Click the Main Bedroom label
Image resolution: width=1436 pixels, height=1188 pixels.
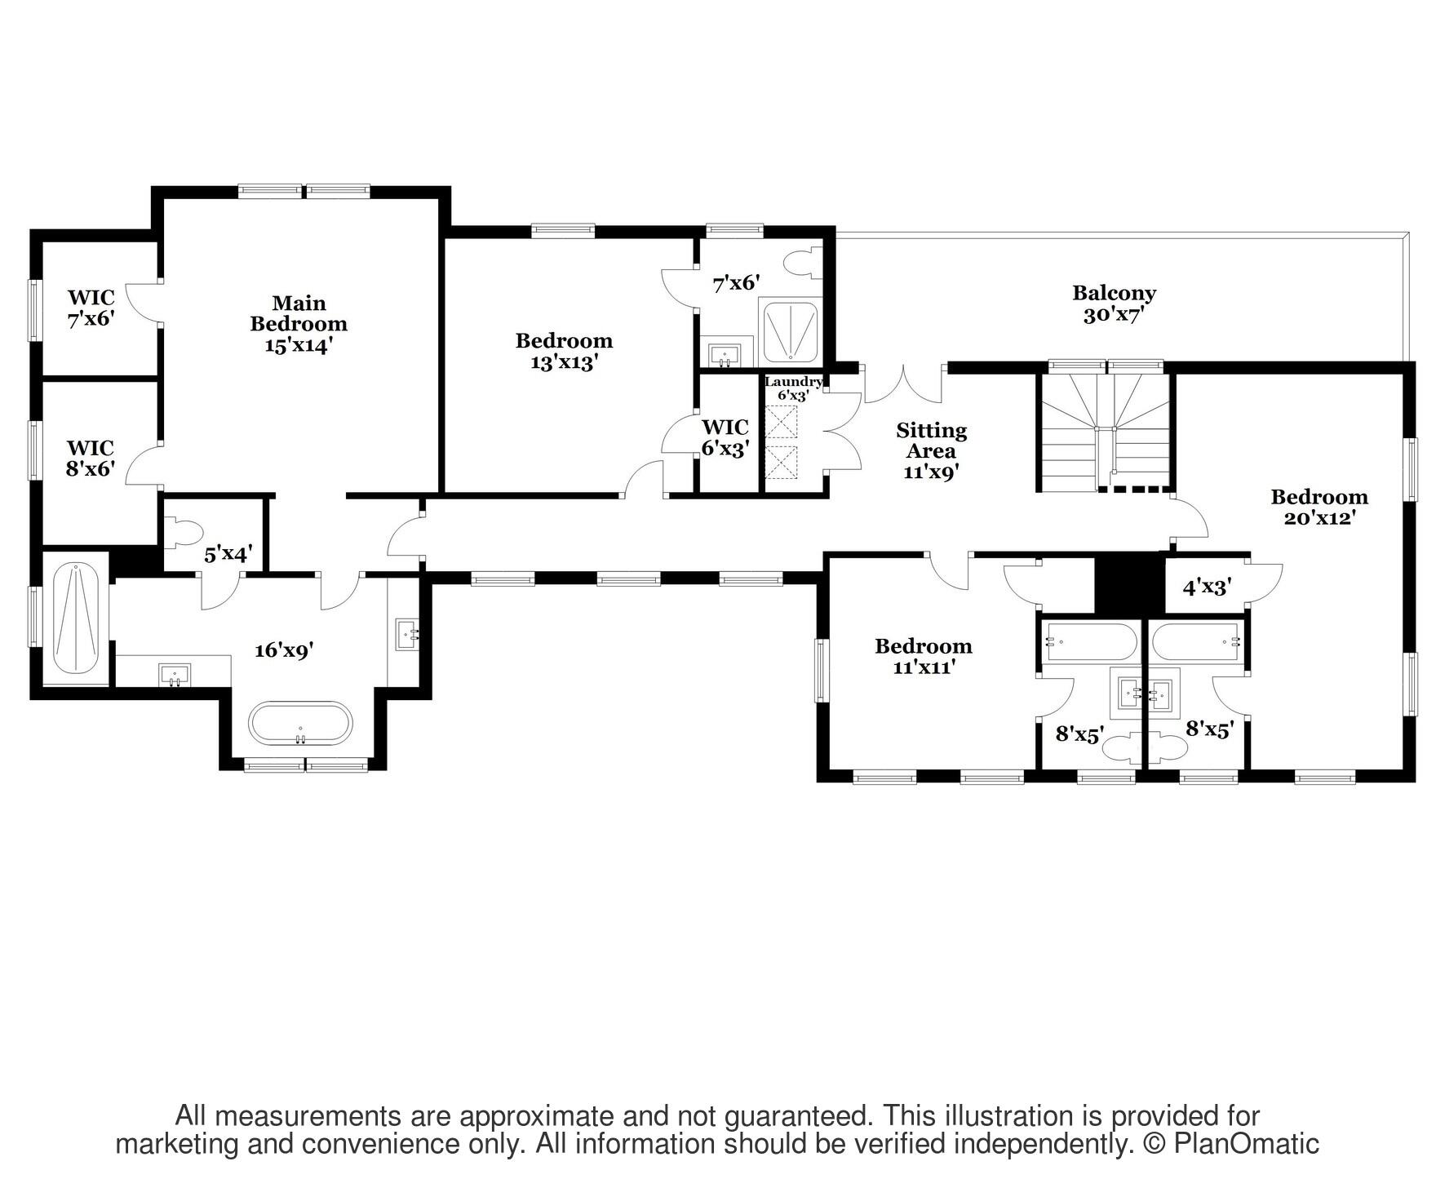[299, 324]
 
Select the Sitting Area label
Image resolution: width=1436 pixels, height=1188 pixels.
[931, 450]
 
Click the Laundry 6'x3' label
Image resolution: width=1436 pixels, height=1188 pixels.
[792, 388]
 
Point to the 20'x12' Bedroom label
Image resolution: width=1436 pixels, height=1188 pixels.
[1319, 507]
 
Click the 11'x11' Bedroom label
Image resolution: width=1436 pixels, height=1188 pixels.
[923, 656]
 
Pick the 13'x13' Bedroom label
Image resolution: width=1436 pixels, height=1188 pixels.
[564, 351]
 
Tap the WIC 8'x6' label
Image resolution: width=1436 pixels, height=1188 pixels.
[90, 458]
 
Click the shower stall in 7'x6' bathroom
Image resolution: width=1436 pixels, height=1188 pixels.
[788, 331]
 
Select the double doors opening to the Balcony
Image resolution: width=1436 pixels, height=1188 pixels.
[903, 385]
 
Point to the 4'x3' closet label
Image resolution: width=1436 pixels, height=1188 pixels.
[1206, 586]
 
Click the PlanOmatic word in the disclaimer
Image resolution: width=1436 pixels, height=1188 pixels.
[1246, 1144]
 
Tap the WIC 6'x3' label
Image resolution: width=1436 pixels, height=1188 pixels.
[725, 437]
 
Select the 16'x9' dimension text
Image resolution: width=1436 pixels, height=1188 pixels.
[284, 649]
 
